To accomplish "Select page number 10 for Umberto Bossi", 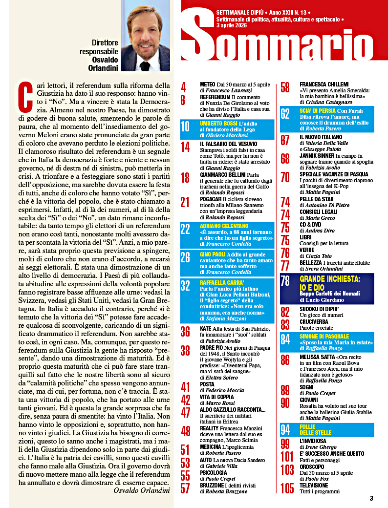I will point(185,127).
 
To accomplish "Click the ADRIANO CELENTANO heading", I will point(224,226).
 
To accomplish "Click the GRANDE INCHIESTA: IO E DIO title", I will point(330,283).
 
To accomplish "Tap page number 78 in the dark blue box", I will point(285,281).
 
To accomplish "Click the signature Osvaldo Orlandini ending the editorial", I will point(141,490).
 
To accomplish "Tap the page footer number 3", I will point(371,499).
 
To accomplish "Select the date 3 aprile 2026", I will point(232,25).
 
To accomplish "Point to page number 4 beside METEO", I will point(184,87).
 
